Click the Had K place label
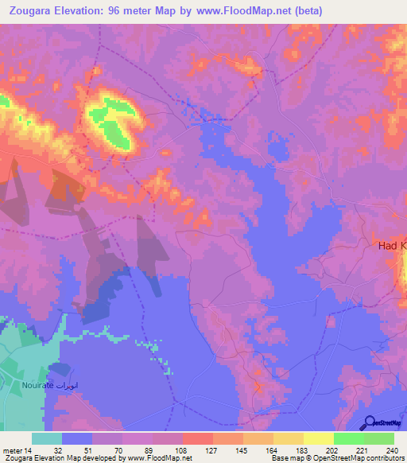pyautogui.click(x=390, y=247)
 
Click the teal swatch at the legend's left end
pyautogui.click(x=47, y=438)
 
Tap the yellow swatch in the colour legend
pyautogui.click(x=318, y=438)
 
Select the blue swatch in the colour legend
pyautogui.click(x=77, y=438)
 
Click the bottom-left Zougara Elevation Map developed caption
pyautogui.click(x=96, y=457)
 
